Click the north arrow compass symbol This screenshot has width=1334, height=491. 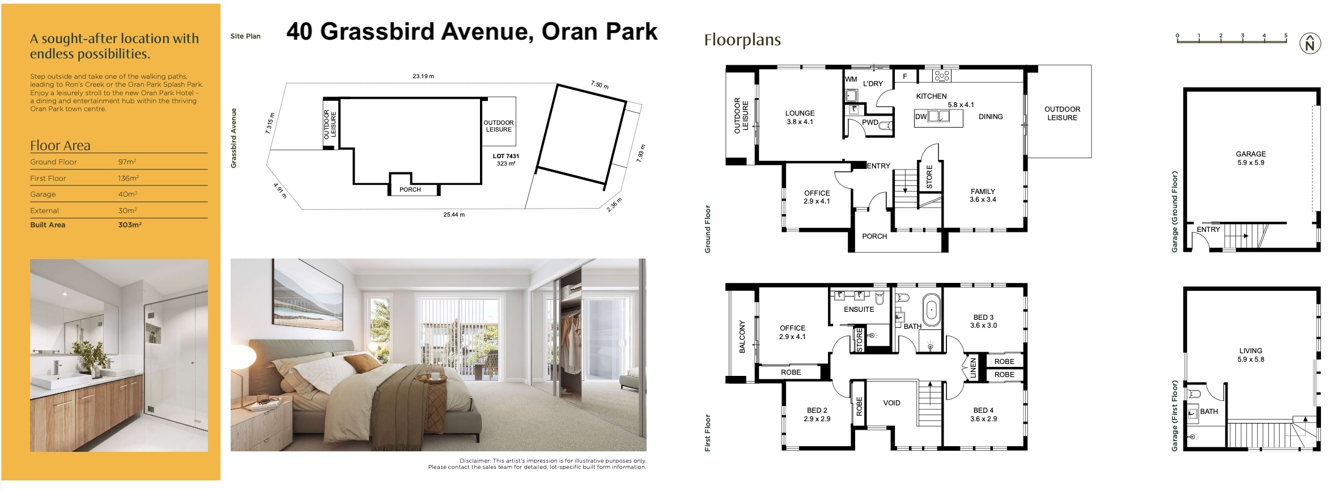1310,44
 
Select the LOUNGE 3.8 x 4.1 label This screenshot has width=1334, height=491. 800,117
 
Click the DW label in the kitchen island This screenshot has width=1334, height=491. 920,117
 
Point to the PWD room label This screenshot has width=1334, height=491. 870,122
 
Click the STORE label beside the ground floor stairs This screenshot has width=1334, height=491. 929,176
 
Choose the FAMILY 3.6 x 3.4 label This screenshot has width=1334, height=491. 983,196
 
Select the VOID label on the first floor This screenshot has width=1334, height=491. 891,403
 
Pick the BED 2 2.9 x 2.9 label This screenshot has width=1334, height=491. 817,414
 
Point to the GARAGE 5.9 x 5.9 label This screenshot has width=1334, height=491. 1251,158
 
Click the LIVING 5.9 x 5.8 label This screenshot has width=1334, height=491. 1251,355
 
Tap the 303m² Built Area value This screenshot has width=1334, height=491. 129,225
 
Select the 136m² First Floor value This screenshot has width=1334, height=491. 128,179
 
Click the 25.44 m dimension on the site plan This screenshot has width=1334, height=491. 454,215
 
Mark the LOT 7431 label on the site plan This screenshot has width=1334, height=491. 505,156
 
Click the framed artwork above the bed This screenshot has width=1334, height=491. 309,294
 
